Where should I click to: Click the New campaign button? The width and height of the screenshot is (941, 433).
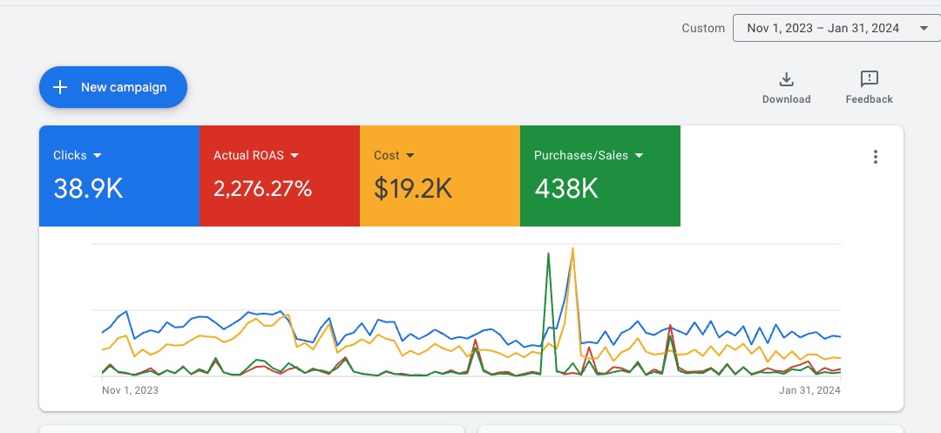click(x=113, y=87)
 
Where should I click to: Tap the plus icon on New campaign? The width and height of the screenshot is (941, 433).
click(x=60, y=87)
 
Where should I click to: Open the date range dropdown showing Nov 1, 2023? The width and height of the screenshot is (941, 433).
click(x=823, y=28)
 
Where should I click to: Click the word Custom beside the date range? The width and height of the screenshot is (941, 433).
click(x=703, y=28)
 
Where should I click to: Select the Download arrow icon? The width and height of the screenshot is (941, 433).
click(x=786, y=79)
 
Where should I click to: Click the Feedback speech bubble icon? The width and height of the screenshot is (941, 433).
click(x=869, y=79)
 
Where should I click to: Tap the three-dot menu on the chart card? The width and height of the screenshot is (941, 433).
click(x=876, y=157)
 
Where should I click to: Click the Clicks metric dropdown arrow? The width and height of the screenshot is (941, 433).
click(x=98, y=156)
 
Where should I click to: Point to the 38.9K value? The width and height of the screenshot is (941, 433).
click(x=88, y=188)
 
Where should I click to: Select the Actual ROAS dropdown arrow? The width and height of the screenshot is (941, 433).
click(x=294, y=156)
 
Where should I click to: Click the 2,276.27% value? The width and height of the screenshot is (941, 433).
click(x=262, y=188)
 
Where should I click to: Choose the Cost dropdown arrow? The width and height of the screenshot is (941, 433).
click(x=410, y=156)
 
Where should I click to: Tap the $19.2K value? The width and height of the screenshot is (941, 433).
click(x=413, y=188)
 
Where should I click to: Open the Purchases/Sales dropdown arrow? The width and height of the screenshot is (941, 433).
click(x=640, y=156)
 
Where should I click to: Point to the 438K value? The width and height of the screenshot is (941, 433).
click(x=566, y=188)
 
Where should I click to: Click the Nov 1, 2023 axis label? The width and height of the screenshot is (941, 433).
click(x=131, y=390)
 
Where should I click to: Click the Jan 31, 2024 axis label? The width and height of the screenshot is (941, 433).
click(x=810, y=390)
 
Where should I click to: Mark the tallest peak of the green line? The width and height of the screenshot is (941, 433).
click(x=548, y=254)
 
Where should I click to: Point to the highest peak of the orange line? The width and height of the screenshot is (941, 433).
click(x=572, y=248)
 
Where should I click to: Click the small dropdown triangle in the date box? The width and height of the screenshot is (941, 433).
click(x=924, y=29)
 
